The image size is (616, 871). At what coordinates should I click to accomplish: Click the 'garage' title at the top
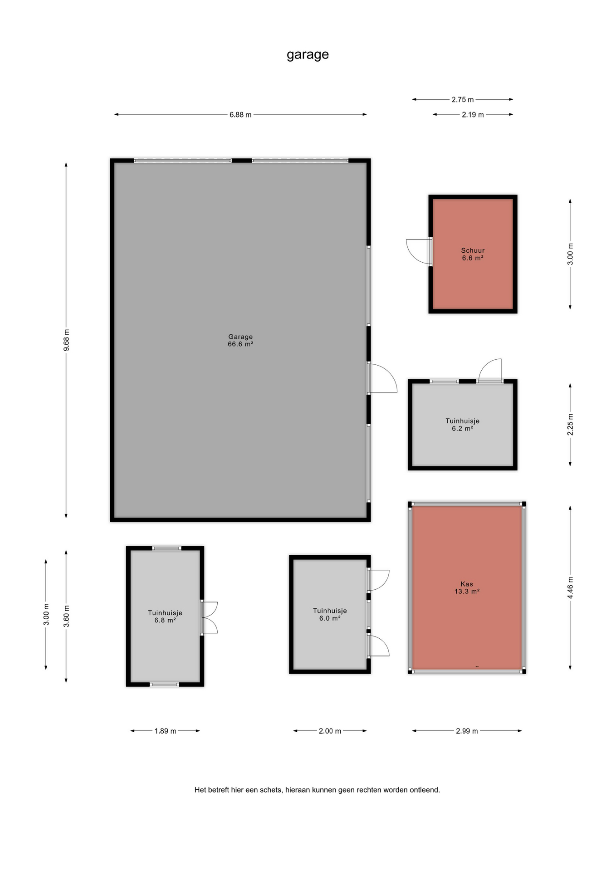[308, 55]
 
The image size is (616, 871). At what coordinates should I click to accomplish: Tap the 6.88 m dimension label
[240, 115]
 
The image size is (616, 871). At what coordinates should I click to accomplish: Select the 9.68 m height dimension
[66, 340]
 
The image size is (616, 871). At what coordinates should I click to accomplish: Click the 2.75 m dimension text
[463, 99]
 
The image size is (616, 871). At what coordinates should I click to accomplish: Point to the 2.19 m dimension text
[473, 115]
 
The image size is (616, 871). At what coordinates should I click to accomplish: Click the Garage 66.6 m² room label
[240, 340]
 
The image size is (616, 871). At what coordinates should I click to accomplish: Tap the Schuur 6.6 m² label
[473, 254]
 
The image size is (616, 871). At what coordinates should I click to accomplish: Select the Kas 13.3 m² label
[467, 587]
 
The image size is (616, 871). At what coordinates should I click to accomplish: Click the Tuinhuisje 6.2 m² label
[462, 425]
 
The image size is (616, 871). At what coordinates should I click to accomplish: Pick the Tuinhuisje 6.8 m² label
[165, 617]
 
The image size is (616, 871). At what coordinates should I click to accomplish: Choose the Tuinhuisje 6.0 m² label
[330, 614]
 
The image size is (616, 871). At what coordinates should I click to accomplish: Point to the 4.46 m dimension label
[570, 587]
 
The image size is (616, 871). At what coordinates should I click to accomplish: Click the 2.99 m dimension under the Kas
[467, 731]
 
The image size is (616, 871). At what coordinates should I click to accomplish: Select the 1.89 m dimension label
[165, 731]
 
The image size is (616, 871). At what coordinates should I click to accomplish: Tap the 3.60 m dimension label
[66, 616]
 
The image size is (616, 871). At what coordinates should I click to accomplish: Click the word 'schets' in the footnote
[271, 790]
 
